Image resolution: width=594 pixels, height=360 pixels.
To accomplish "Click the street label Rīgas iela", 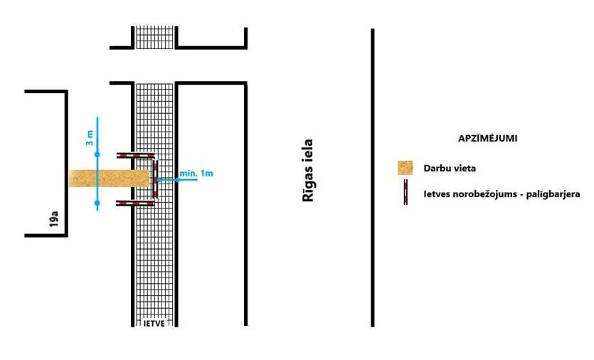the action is click(x=308, y=171).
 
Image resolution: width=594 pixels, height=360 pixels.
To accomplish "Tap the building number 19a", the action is click(x=54, y=219).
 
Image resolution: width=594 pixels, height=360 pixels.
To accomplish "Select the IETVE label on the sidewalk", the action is click(x=154, y=323).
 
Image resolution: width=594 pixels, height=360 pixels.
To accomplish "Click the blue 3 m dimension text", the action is click(x=90, y=138).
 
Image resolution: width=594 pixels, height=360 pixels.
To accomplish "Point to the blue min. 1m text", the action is click(x=196, y=173).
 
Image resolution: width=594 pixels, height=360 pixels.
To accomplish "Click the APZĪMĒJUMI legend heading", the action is click(x=487, y=138).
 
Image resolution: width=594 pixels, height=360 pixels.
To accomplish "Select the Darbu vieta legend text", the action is click(x=450, y=168).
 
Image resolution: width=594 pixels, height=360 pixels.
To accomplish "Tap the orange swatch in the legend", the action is click(x=405, y=168).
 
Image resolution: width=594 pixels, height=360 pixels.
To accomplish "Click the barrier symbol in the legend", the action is click(x=405, y=192).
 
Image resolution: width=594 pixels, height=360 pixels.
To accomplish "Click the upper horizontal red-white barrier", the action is click(x=135, y=155).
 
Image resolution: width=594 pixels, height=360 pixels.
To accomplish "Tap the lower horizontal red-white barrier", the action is click(x=135, y=203).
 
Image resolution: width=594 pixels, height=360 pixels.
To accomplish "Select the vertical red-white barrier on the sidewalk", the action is click(x=155, y=179).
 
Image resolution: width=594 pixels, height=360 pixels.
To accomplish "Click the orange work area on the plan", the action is click(x=109, y=179).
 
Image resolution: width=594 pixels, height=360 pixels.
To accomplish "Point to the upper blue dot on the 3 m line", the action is click(x=97, y=154).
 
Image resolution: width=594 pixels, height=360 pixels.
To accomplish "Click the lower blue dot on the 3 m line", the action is click(x=97, y=203).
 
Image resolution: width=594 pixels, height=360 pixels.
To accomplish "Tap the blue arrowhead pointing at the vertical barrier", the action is click(x=160, y=179).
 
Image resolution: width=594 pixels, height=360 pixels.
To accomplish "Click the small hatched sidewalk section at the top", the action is click(x=154, y=37).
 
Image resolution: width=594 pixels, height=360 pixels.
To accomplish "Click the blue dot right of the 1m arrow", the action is click(x=177, y=179).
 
